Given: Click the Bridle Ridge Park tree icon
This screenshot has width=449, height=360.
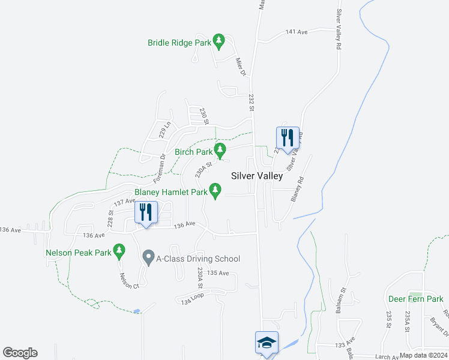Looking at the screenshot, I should click(220, 41).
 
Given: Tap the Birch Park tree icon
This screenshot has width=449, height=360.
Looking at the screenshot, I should click(221, 149).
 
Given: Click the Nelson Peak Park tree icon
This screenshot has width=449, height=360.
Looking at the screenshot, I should click(120, 250).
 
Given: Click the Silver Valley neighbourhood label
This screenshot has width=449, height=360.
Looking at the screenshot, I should click(257, 176).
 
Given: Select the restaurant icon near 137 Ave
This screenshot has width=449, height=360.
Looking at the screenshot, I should click(146, 211).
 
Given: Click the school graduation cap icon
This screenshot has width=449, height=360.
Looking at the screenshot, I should click(267, 342).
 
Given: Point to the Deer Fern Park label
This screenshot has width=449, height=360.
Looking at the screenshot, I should click(415, 299).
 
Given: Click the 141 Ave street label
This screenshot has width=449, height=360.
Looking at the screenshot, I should click(297, 32).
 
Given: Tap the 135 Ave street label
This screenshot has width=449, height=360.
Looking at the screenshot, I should click(218, 273).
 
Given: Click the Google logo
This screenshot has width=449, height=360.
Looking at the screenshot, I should click(20, 353).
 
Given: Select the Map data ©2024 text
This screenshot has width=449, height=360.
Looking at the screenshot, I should click(423, 355).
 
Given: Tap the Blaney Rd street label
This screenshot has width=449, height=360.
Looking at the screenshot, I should click(298, 188).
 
